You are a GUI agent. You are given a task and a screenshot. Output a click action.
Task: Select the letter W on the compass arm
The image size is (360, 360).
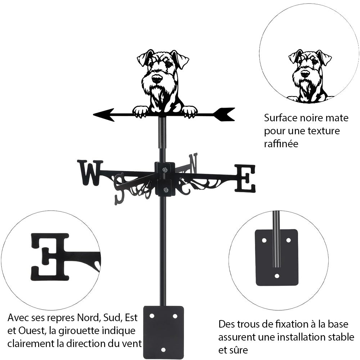tap(90, 172)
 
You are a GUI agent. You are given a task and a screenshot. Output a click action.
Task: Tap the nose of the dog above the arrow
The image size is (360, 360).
tap(157, 78)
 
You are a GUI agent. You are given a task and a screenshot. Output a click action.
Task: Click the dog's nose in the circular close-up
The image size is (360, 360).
tap(305, 74)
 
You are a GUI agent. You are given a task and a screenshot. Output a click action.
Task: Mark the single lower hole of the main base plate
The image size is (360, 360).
tap(163, 349)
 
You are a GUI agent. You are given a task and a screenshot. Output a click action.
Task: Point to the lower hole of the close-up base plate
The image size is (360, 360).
tap(276, 276)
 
